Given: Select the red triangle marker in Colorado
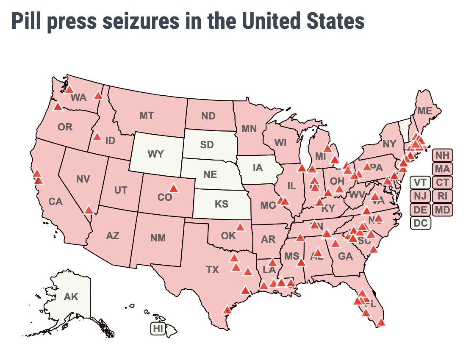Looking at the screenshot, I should click(173, 188).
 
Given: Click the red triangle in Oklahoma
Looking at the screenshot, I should click(240, 227).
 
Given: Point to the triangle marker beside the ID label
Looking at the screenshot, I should click(97, 136).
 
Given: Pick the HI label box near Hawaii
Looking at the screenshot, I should click(158, 328).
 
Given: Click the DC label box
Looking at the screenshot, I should click(420, 223).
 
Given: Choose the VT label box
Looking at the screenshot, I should click(420, 183).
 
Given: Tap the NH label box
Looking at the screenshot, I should click(442, 155).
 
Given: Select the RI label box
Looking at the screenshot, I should click(442, 196).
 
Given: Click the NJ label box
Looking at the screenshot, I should click(420, 196).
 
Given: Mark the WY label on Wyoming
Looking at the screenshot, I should click(155, 154).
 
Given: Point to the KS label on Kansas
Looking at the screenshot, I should click(221, 204).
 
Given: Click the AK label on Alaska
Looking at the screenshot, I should click(71, 297).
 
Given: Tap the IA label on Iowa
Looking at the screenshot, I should click(258, 168).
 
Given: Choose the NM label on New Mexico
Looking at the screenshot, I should click(158, 238).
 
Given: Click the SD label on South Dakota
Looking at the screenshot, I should click(207, 145).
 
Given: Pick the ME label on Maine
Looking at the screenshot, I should click(424, 111).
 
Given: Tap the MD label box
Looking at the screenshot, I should click(442, 210).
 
